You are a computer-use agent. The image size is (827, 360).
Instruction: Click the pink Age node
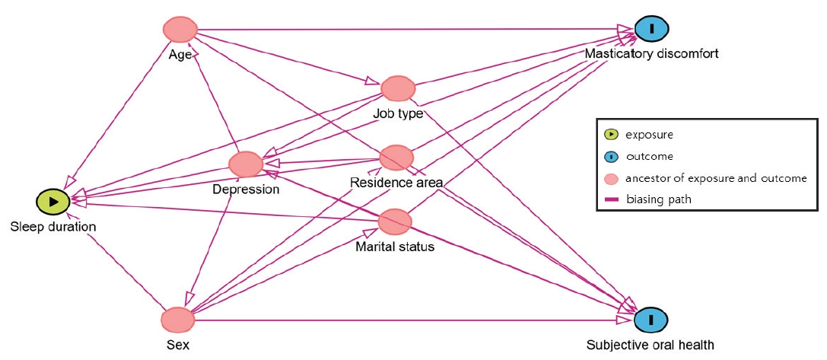[180, 30]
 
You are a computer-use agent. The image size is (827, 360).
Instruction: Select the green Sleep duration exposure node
[53, 202]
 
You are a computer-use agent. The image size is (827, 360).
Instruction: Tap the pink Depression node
[246, 164]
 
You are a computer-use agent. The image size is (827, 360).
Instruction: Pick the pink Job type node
[396, 89]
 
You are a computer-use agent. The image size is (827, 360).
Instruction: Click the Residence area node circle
[396, 158]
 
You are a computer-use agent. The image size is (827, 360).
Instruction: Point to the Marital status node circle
[395, 221]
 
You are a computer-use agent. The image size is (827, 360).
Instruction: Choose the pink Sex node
[178, 319]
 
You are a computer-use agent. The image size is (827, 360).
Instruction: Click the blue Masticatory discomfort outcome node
[652, 29]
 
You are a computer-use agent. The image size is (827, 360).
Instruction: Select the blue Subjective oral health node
[652, 319]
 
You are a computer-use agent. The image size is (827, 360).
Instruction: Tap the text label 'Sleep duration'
[53, 227]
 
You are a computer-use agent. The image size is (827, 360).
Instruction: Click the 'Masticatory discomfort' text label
[651, 54]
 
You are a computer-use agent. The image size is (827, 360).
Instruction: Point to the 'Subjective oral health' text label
[650, 345]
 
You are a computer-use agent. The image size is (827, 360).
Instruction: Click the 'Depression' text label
[246, 190]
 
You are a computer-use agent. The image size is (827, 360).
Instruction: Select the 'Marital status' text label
[395, 246]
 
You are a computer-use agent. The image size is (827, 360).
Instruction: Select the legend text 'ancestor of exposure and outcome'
[716, 178]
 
